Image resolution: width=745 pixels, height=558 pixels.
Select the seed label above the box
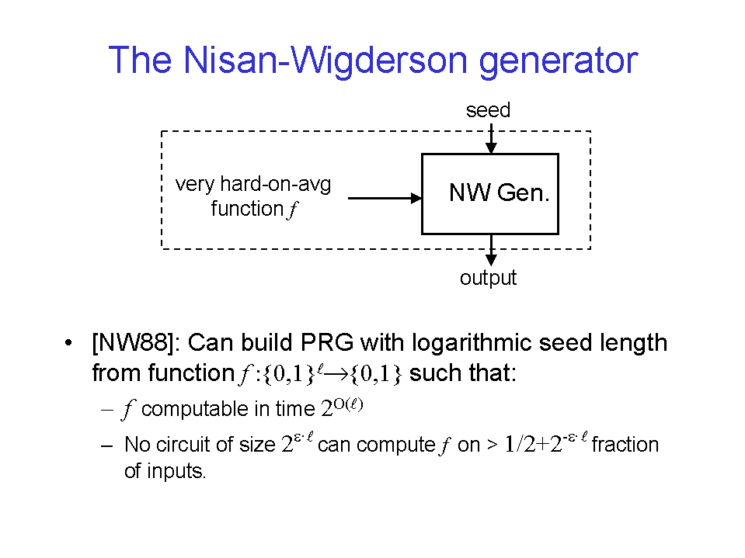click(x=488, y=110)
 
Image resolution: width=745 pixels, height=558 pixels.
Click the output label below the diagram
click(x=488, y=278)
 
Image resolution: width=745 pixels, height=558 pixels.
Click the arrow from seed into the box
click(x=491, y=138)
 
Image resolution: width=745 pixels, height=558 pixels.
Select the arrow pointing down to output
click(x=491, y=250)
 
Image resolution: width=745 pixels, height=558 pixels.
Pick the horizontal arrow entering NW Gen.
click(x=385, y=198)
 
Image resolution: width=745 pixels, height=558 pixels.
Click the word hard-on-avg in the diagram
click(x=276, y=184)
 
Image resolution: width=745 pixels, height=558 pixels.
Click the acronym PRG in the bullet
click(x=327, y=342)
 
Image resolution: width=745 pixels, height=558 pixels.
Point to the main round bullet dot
click(x=69, y=342)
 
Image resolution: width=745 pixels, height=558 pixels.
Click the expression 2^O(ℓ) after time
click(x=342, y=407)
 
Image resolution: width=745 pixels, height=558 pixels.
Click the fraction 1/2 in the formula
click(x=520, y=445)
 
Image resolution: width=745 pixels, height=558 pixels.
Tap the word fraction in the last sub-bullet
click(x=625, y=445)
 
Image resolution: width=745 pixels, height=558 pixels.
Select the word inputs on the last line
click(x=176, y=472)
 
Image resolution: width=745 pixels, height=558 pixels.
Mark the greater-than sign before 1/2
click(x=493, y=445)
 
